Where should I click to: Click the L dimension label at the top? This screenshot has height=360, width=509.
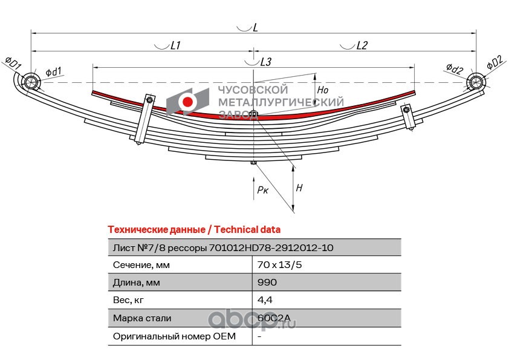pyautogui.click(x=255, y=27)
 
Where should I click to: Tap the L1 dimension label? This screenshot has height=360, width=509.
pyautogui.click(x=175, y=45)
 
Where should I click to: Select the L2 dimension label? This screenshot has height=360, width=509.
pyautogui.click(x=361, y=45)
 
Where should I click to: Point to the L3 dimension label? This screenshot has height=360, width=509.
pyautogui.click(x=266, y=62)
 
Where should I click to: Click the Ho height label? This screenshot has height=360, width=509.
pyautogui.click(x=323, y=90)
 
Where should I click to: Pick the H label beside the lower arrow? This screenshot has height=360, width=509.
pyautogui.click(x=299, y=188)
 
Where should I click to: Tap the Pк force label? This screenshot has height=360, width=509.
pyautogui.click(x=262, y=190)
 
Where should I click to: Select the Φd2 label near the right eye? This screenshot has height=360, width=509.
pyautogui.click(x=454, y=68)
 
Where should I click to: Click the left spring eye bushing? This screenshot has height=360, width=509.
pyautogui.click(x=31, y=81)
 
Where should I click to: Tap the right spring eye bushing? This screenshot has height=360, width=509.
pyautogui.click(x=475, y=82)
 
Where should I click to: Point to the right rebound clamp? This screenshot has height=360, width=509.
pyautogui.click(x=407, y=116)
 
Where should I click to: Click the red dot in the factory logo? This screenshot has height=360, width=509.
pyautogui.click(x=187, y=102)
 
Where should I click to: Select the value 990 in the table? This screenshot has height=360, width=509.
pyautogui.click(x=267, y=282)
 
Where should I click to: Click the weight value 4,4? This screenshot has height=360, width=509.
pyautogui.click(x=265, y=300)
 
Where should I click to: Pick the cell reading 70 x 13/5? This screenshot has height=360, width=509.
pyautogui.click(x=279, y=265)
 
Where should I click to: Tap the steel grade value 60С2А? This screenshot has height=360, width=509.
pyautogui.click(x=274, y=318)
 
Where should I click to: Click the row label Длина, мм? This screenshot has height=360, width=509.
pyautogui.click(x=137, y=283)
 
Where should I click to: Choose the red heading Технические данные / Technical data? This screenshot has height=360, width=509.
pyautogui.click(x=194, y=230)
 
